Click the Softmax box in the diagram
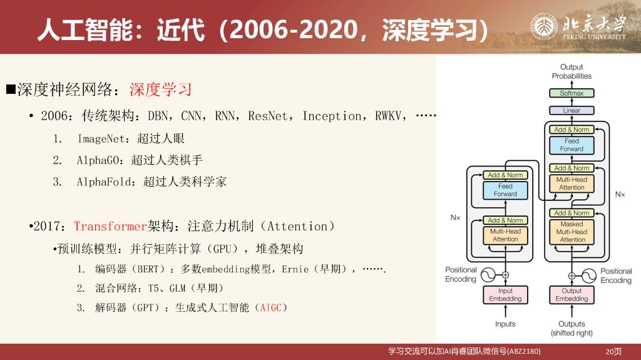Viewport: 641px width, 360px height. coord(572,93)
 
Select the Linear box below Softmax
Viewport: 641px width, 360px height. coord(572,110)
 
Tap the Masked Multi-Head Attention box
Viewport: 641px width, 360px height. coord(572,232)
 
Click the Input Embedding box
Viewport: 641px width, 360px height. coord(505,294)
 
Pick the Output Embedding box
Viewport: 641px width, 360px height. coord(572,294)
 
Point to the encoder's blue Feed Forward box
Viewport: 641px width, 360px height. coord(505,190)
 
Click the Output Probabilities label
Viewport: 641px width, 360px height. coord(572,71)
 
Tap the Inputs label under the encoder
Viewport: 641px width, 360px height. coord(505,324)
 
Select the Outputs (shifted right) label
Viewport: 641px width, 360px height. coord(572,329)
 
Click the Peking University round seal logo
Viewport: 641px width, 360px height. coord(544,27)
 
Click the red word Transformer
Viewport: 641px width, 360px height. coord(110,226)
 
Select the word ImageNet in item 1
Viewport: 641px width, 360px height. coord(101,139)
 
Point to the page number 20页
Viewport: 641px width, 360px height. coord(613,351)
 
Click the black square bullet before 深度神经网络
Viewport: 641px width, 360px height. coord(11,89)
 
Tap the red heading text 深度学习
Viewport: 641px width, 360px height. coord(161,89)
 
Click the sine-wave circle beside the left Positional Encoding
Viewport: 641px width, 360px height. coord(488,275)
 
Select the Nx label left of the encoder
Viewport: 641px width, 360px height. coord(456,217)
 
